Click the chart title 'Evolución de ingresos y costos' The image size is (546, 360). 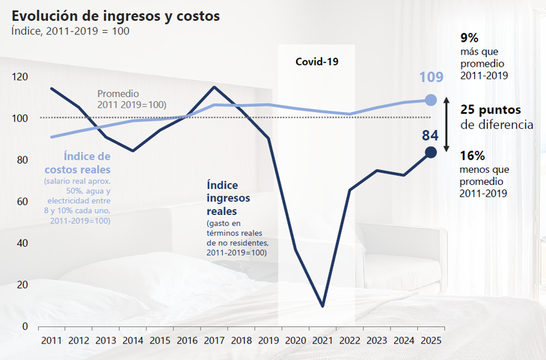(x=115, y=15)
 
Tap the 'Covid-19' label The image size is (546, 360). (x=316, y=61)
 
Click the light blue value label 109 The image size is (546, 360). (x=431, y=77)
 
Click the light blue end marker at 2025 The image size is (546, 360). (x=431, y=100)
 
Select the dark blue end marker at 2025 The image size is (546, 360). (x=431, y=153)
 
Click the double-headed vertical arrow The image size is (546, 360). (x=447, y=123)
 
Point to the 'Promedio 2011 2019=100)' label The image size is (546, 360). (x=132, y=99)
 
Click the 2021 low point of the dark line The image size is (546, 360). (x=322, y=306)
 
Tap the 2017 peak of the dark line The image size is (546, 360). (x=215, y=87)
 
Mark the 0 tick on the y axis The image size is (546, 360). (x=25, y=326)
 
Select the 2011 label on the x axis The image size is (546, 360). (x=51, y=341)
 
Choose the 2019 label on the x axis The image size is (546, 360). (x=269, y=341)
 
